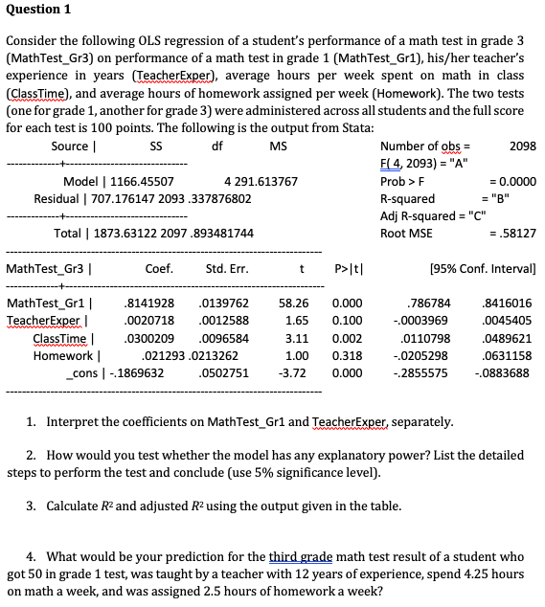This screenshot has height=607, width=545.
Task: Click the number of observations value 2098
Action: point(523,146)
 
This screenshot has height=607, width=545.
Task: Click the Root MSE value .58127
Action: point(516,233)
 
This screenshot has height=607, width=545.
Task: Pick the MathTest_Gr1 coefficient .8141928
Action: point(149,303)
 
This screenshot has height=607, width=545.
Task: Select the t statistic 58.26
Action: point(291,303)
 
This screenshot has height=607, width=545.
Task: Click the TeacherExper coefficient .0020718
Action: point(149,321)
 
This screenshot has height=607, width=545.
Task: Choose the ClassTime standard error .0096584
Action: point(222,338)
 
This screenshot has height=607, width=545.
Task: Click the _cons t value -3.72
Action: point(291,372)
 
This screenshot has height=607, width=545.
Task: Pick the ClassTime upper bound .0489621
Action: point(508,338)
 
